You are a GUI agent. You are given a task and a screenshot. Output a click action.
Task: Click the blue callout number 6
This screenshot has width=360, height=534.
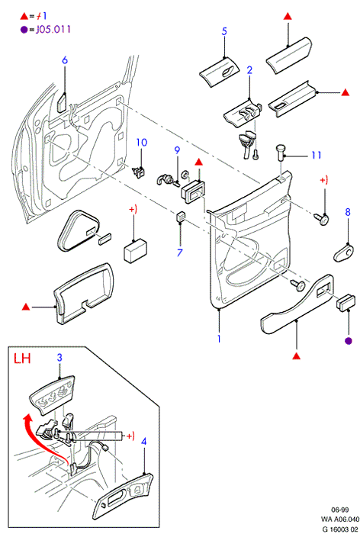(65, 60)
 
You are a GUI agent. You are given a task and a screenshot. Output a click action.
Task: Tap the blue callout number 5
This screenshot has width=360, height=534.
(224, 31)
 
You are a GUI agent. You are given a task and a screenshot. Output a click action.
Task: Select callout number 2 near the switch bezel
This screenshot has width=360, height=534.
(249, 70)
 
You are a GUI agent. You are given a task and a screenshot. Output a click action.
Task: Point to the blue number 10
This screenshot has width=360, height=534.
(142, 143)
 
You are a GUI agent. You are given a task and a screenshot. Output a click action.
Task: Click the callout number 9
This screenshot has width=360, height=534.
(177, 150)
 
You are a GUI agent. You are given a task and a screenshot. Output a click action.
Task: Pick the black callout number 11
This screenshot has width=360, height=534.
(317, 156)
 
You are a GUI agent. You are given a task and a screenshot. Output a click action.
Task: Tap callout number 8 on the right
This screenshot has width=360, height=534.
(347, 212)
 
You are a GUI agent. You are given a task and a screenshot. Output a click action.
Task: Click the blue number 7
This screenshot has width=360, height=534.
(179, 253)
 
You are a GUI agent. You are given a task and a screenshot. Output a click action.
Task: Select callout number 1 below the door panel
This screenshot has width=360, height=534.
(219, 339)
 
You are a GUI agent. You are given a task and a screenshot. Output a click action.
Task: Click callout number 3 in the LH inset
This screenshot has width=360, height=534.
(59, 358)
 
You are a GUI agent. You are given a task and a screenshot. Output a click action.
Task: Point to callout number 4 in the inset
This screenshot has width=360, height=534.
(143, 442)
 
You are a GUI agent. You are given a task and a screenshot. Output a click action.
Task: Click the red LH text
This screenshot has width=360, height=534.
(22, 359)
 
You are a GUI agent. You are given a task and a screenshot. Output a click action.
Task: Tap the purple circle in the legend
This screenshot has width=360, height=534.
(24, 30)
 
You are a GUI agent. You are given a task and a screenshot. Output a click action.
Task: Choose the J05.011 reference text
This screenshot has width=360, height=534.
(53, 29)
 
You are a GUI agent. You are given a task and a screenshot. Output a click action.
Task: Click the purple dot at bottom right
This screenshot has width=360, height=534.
(349, 340)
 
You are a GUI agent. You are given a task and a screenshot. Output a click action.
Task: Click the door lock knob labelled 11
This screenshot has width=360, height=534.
(281, 153)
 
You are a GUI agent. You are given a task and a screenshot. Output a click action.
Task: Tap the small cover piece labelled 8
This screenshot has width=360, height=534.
(344, 253)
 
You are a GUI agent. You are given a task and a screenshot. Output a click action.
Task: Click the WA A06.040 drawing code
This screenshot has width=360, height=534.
(339, 520)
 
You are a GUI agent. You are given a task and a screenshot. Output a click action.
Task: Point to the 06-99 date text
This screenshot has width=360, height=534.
(340, 510)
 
